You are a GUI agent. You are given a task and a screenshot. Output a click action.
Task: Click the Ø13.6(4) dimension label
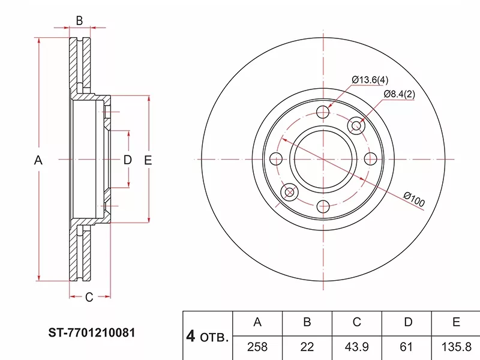(370, 80)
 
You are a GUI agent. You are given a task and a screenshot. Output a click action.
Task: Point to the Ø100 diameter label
(414, 199)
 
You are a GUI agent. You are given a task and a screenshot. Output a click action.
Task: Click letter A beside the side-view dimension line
(38, 160)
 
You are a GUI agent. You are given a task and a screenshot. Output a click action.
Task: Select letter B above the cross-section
(79, 21)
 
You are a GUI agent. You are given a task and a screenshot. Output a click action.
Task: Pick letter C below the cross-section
(88, 296)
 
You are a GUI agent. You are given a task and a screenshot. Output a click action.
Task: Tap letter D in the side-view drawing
(127, 160)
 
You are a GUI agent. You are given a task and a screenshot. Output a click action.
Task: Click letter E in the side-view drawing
(148, 160)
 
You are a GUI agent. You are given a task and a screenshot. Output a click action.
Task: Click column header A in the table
(257, 322)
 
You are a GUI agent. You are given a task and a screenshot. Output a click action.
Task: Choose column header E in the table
(456, 322)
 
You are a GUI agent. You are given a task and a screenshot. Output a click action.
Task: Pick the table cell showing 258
(257, 347)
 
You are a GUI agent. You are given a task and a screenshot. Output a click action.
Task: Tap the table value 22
(307, 347)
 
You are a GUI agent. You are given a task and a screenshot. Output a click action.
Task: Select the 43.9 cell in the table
(356, 347)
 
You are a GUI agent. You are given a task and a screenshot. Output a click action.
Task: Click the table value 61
(407, 347)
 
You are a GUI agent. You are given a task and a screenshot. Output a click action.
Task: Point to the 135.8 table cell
(456, 347)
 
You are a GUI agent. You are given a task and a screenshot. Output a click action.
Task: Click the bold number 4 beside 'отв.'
(191, 337)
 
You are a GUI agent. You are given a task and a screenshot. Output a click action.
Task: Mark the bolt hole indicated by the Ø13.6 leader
(323, 112)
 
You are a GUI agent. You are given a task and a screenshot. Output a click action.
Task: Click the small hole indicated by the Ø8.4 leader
(358, 125)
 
